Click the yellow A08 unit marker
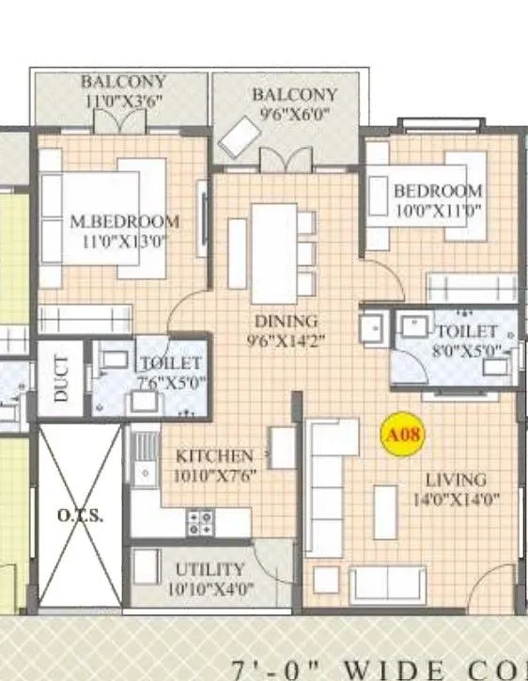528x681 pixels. coord(403,436)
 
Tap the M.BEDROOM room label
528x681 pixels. coord(125,222)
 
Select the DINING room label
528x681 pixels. coord(286,321)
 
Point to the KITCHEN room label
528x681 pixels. coord(214,456)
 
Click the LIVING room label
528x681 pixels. coord(455,480)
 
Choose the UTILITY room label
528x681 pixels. coord(210,570)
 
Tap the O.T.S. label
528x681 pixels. coord(80,515)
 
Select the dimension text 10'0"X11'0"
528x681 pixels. coord(438,211)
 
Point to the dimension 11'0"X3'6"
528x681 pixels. coord(123,102)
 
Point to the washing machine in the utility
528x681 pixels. coord(144,567)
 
